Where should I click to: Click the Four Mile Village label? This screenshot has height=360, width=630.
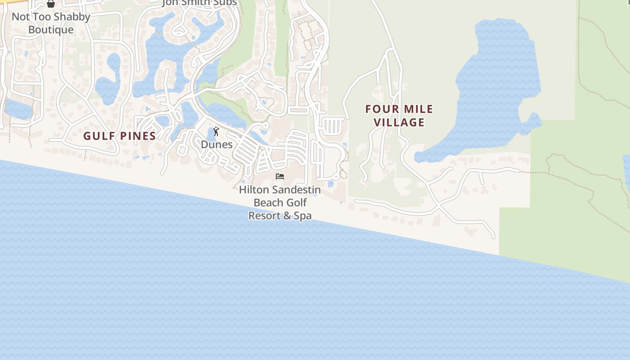(399, 116)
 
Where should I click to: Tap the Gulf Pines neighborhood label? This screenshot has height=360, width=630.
(119, 136)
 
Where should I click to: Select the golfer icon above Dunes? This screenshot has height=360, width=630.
(216, 131)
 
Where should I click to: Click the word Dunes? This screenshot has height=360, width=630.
(216, 144)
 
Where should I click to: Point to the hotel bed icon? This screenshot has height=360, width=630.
(280, 176)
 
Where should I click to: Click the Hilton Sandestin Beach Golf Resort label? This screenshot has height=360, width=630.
(280, 202)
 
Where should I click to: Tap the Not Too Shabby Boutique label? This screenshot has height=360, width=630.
(51, 23)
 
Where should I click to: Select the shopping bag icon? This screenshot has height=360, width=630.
(51, 4)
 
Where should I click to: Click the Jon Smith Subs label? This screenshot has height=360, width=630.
(199, 3)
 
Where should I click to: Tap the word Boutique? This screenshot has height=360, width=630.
(51, 30)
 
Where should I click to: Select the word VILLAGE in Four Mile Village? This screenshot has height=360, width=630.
(399, 122)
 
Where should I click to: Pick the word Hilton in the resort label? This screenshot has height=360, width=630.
(253, 190)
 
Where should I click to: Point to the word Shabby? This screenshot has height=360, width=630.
(69, 17)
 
